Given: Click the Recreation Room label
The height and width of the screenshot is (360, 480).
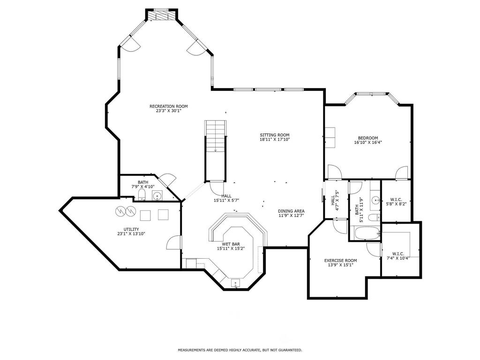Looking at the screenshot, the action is pos(168,106).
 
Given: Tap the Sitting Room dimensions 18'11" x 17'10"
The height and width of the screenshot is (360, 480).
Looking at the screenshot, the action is pos(275,139).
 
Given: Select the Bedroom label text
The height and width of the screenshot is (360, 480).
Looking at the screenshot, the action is pos(368,138).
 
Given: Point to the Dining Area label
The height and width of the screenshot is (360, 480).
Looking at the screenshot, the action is pos(291,211).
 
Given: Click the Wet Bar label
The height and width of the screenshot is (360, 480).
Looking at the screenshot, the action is pos(231,244).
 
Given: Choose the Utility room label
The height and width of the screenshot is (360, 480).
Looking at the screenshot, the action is pos(131,229).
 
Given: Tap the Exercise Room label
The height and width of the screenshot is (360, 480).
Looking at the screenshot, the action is pos(340,261).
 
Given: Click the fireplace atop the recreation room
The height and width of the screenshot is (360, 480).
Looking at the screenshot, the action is pos(161,15).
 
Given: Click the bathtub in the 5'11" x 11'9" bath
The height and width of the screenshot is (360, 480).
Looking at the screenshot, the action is pos(366,233).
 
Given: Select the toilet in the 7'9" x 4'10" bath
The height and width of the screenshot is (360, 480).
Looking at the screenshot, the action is pos(142,195).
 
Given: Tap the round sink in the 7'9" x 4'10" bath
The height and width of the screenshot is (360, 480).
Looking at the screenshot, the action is pos(157,195).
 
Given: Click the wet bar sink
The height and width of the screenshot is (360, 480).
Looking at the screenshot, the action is pos(235,284).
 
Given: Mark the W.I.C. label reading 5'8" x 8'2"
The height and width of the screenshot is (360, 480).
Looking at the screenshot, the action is pos(397,201).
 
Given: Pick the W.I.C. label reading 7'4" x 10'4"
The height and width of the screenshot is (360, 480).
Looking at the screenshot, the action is pos(398,255).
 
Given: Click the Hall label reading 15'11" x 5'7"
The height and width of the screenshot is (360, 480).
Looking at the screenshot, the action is pos(226,198).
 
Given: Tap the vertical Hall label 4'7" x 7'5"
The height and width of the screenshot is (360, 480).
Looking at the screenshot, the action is pos(335,201).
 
